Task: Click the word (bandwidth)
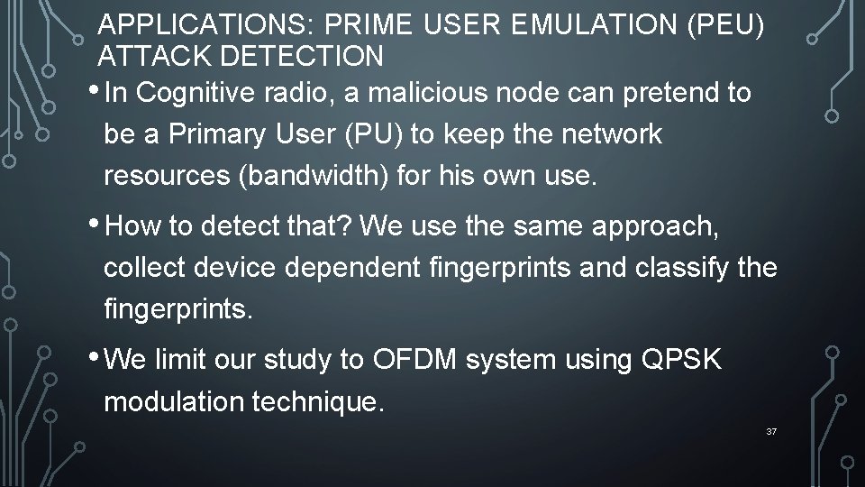tap(332, 176)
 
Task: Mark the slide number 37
tap(770, 433)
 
